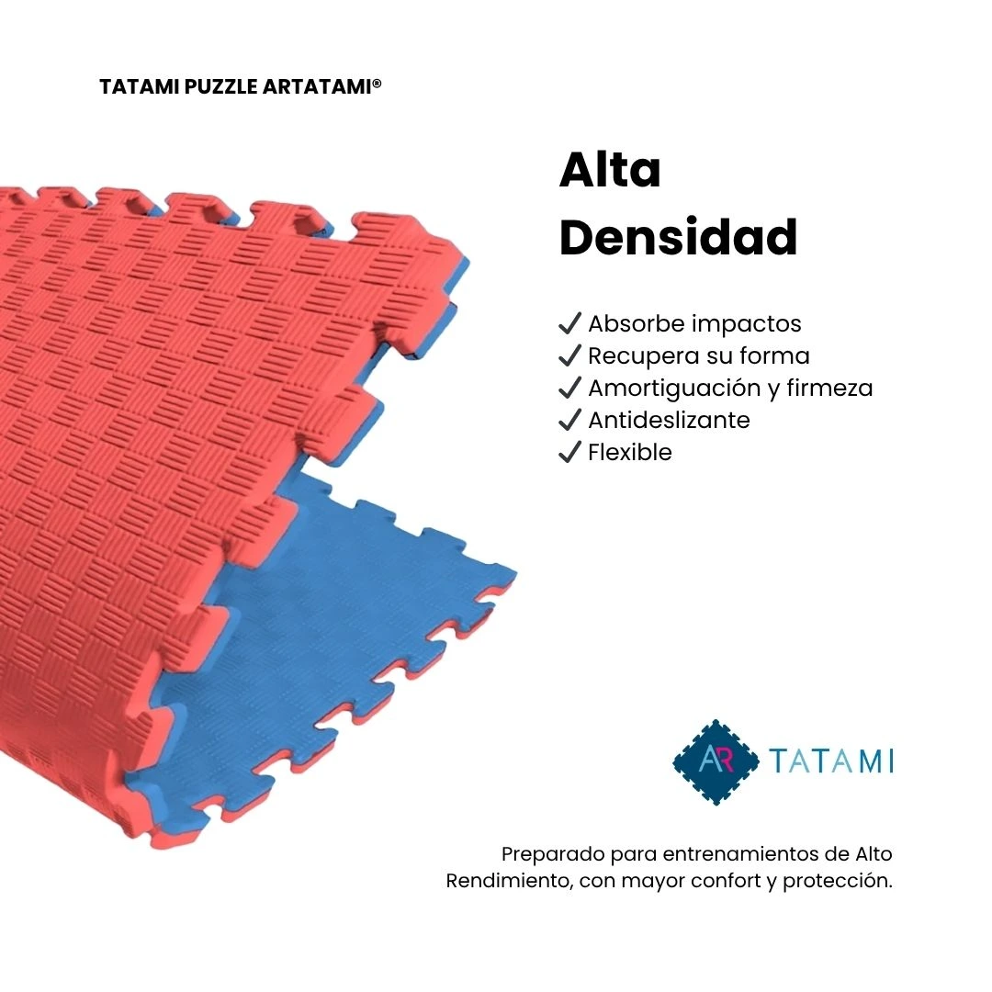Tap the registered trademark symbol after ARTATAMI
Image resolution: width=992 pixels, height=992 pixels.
pyautogui.click(x=377, y=84)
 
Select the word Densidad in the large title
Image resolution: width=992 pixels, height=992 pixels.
pyautogui.click(x=678, y=238)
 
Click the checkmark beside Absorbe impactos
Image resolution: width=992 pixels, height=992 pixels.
pyautogui.click(x=570, y=323)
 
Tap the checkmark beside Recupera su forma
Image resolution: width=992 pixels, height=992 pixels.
pyautogui.click(x=570, y=355)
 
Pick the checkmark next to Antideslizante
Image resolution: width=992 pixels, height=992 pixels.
pyautogui.click(x=570, y=420)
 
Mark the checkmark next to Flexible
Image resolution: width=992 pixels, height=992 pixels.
pyautogui.click(x=570, y=452)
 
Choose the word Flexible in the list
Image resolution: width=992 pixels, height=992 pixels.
pyautogui.click(x=630, y=452)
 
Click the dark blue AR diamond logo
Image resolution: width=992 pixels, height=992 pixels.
pyautogui.click(x=716, y=761)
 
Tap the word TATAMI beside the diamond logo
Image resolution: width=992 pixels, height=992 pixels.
pyautogui.click(x=831, y=761)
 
